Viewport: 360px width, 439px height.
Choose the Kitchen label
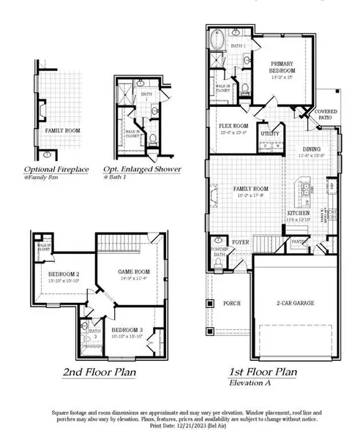click(x=299, y=213)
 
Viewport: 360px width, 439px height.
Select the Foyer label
click(x=240, y=239)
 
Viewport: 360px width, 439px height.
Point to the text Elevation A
click(x=252, y=383)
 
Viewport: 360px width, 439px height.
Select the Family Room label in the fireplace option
click(x=62, y=129)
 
